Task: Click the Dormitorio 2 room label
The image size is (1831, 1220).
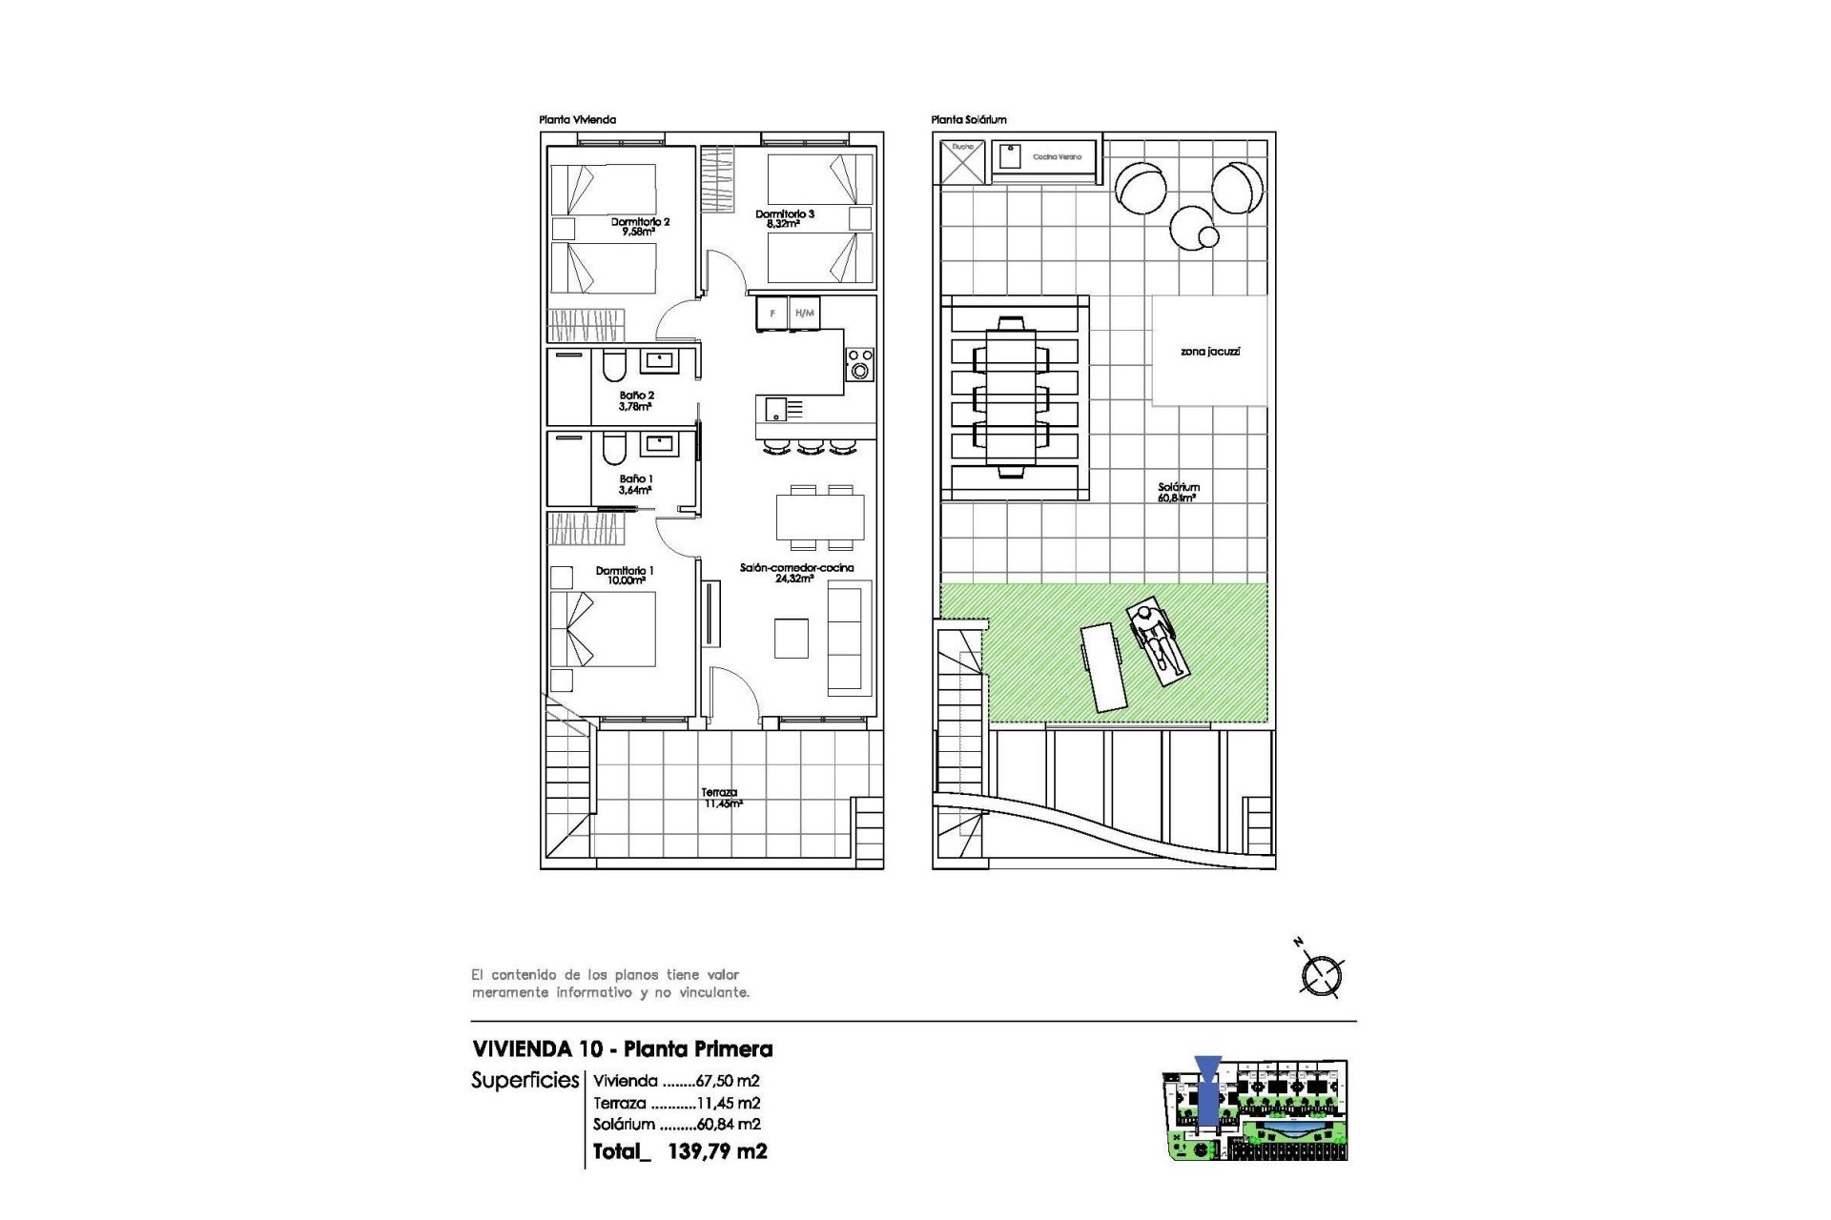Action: coord(640,226)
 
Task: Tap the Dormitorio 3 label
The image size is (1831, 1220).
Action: coord(785,218)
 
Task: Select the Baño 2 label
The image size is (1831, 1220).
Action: coord(636,400)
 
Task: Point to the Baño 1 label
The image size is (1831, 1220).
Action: coord(636,484)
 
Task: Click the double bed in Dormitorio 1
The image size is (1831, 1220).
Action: coord(603,629)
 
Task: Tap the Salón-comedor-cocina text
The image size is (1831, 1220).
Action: coord(796,572)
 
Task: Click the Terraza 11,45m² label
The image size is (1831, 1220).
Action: coord(721,798)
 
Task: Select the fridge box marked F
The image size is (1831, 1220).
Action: coord(772,314)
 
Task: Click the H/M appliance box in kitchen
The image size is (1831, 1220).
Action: coord(805,314)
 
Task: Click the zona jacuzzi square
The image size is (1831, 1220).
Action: coord(1210,351)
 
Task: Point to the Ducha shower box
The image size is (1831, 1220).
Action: coord(962,162)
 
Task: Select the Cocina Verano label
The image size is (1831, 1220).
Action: coord(1057,156)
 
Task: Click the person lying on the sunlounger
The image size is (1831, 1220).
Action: coord(1156,640)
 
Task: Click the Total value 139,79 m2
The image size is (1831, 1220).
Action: coord(716,1151)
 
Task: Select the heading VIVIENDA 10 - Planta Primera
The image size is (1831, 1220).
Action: coord(623,1049)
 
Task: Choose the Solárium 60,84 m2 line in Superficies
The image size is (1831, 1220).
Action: coord(676,1125)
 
